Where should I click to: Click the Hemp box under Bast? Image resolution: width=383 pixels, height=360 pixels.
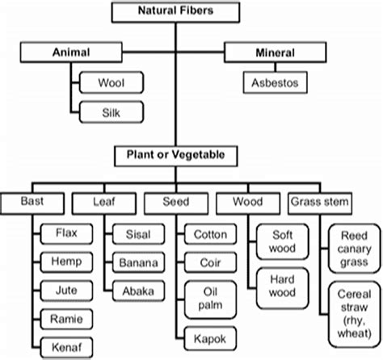(x=66, y=262)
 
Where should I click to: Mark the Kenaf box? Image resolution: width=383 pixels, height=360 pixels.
(x=66, y=345)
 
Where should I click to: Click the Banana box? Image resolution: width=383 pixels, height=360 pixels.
(x=141, y=263)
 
